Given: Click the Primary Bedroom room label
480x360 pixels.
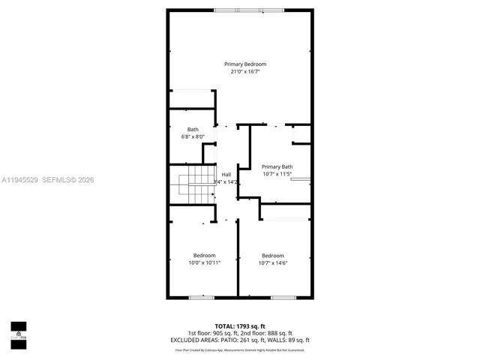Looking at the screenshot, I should (245, 64).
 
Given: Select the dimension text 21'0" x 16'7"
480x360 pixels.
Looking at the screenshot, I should (245, 72).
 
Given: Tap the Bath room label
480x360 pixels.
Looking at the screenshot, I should (193, 130).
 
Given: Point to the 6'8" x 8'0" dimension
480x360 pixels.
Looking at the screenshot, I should (193, 137).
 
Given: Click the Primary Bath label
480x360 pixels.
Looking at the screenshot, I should (277, 166).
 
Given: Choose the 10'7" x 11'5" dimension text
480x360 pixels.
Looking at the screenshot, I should (277, 174).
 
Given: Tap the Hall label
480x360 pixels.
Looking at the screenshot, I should (226, 174).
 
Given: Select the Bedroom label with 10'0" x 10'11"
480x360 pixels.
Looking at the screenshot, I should (204, 255).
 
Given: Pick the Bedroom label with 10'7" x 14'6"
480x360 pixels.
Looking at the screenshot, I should (272, 255).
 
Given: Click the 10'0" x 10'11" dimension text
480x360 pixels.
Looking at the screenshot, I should (204, 262).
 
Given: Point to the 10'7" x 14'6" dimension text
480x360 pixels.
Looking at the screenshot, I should (272, 262).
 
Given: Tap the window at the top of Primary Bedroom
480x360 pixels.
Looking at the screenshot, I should (238, 10).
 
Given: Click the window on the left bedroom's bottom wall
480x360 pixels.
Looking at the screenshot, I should (201, 298).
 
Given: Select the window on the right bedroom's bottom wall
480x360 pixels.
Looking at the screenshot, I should (282, 298).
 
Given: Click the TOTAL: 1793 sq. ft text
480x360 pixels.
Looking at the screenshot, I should (239, 325).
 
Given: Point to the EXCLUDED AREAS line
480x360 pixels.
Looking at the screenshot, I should (239, 340).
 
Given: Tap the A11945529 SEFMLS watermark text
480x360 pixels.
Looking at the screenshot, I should (47, 180).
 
